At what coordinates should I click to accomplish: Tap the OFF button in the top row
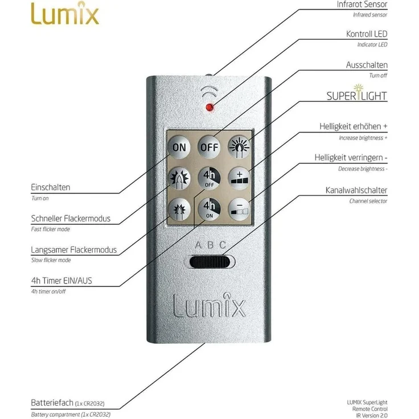209,147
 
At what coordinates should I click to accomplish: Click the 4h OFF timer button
209,178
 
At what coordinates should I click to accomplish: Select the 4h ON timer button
209,209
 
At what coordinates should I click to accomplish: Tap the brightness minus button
240,209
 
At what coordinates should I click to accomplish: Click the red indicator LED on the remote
209,108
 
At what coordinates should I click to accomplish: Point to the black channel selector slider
209,262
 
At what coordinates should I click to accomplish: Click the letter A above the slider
198,245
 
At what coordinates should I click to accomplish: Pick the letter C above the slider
223,245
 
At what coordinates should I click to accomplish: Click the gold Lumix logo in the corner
65,13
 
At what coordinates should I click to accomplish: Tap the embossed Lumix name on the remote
209,305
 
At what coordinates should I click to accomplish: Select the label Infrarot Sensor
362,5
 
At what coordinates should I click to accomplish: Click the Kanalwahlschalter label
356,190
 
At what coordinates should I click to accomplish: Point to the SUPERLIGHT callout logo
357,93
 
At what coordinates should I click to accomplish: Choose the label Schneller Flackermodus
71,219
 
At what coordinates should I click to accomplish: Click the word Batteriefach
52,402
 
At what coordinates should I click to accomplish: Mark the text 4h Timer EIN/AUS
61,281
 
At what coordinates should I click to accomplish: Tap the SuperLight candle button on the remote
240,147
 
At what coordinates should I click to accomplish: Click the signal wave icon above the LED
209,92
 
